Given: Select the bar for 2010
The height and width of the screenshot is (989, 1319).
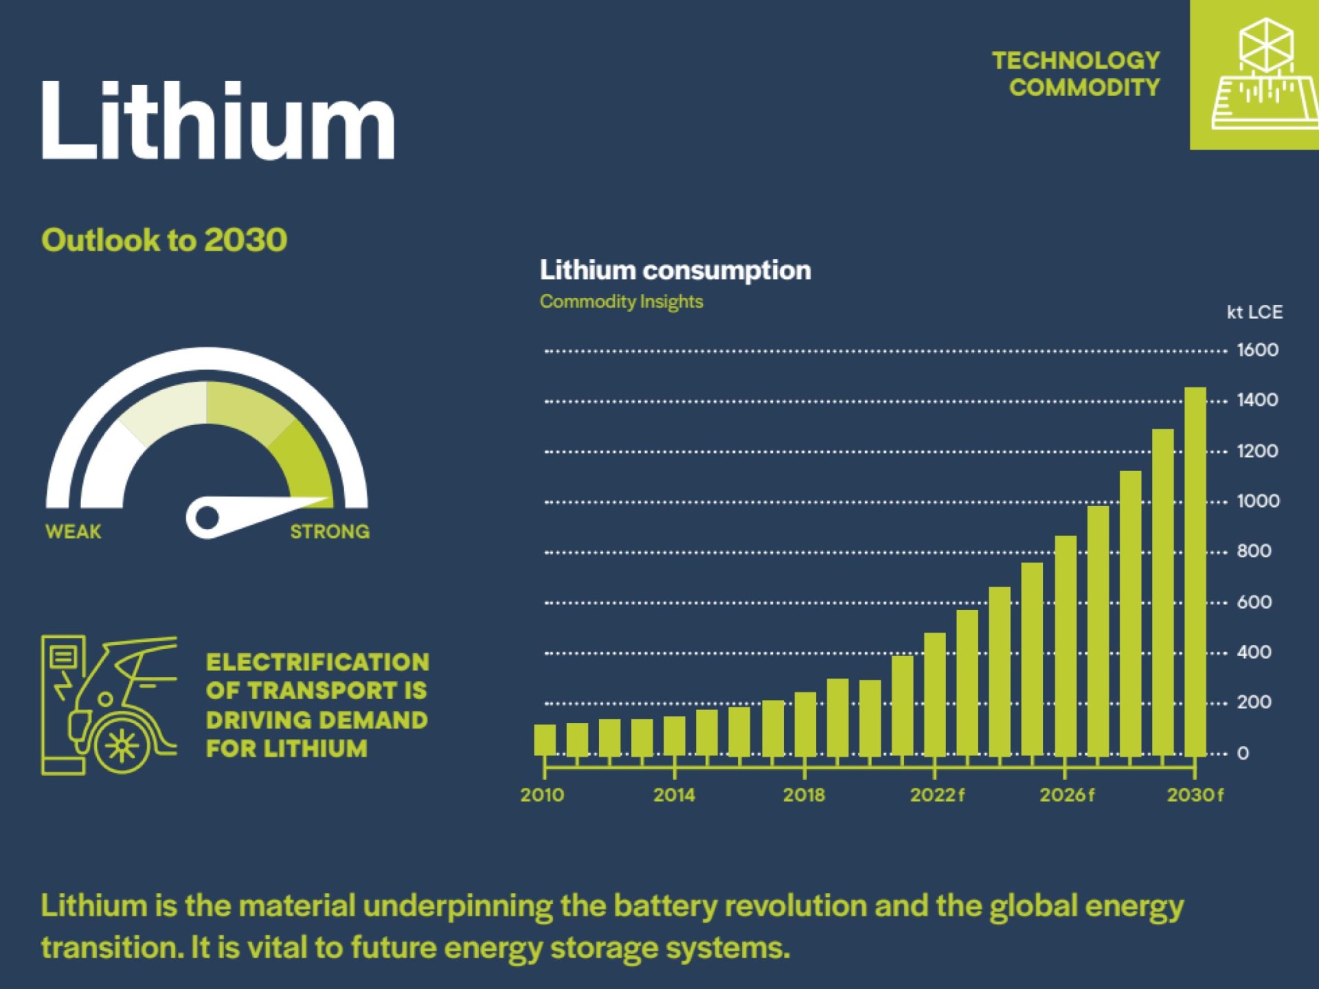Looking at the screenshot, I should click(x=545, y=740).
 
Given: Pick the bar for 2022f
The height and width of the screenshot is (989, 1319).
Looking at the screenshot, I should click(x=934, y=694).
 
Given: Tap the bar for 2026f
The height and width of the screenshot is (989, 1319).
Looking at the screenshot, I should click(x=1065, y=646).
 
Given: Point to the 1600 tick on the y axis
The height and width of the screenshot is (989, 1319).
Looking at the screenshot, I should click(x=1257, y=350).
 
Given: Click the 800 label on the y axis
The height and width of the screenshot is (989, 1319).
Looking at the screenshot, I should click(x=1254, y=551).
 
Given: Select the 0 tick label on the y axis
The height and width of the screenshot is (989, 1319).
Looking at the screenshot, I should click(x=1243, y=753).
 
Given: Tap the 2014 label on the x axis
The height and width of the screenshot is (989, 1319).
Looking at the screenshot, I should click(x=674, y=795).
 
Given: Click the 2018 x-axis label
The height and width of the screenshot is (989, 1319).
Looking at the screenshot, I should click(x=804, y=795).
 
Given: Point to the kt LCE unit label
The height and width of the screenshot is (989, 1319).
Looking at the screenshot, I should click(x=1254, y=312).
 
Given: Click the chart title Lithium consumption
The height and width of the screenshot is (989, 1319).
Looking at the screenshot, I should click(x=675, y=271).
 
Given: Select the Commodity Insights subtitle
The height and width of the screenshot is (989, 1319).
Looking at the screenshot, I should click(x=621, y=302).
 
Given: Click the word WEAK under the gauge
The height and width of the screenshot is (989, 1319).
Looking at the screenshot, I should click(x=73, y=532).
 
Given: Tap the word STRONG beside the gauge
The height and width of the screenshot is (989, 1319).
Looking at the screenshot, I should click(x=330, y=532).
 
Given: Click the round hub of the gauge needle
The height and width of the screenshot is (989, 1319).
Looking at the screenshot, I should click(x=207, y=517).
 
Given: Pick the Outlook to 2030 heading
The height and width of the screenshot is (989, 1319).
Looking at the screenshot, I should click(x=164, y=240).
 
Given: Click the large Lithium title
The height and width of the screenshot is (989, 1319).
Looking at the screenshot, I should click(x=218, y=122).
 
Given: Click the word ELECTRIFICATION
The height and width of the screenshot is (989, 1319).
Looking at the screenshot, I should click(x=317, y=662).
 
